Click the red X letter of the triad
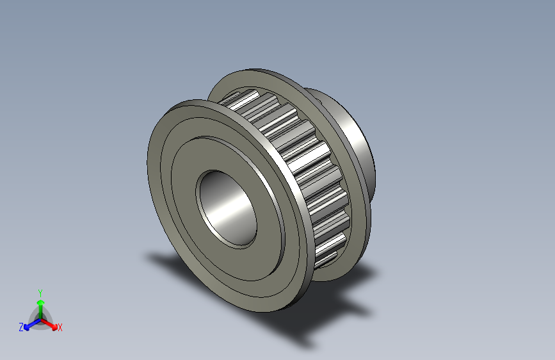tap(60, 327)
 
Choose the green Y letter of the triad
tap(40, 291)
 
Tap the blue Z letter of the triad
tap(21, 327)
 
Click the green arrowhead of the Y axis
tap(40, 302)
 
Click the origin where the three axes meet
tap(40, 318)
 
